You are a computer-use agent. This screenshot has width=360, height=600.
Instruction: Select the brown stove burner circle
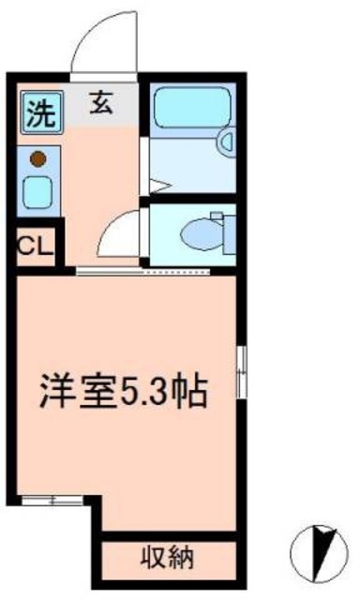point(38,159)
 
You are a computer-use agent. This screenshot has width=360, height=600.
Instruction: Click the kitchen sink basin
point(38,194)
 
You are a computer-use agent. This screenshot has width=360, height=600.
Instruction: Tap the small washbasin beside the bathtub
point(226,142)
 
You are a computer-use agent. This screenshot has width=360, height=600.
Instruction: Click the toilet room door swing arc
point(119,231)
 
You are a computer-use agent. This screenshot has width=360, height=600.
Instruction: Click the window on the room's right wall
point(241,370)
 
